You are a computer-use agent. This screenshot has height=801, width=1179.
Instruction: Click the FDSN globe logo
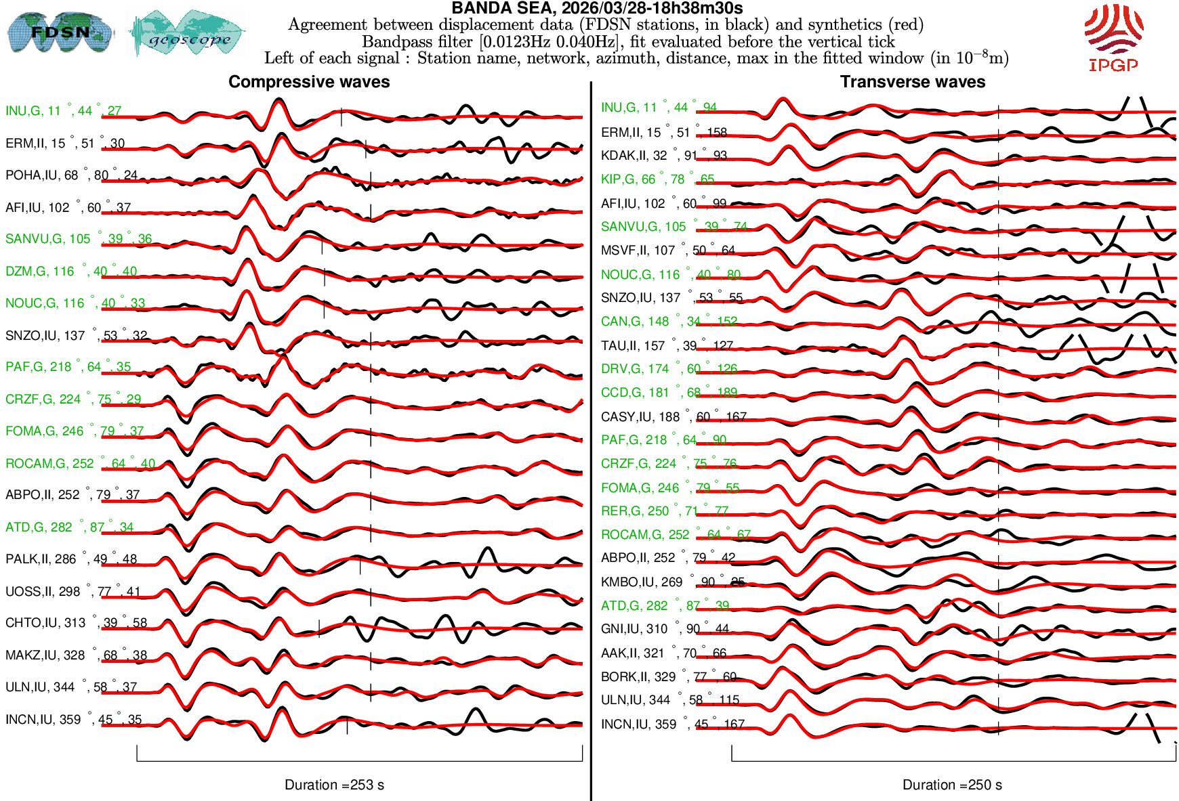point(60,33)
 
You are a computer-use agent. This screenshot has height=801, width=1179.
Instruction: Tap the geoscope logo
point(187,34)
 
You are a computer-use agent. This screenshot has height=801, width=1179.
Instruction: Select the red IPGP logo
point(1113,38)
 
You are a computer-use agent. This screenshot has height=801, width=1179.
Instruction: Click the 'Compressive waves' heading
point(309,82)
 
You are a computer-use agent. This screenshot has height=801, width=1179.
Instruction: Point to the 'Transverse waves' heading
point(912,82)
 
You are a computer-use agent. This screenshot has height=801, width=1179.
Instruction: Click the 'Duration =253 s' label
point(334,785)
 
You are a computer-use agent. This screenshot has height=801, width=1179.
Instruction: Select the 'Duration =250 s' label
point(952,785)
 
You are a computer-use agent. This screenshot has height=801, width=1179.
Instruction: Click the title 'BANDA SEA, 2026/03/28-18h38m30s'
point(596,8)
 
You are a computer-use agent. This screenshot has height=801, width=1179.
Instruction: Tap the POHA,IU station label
point(71,175)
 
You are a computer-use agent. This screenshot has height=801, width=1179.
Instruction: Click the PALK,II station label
point(71,559)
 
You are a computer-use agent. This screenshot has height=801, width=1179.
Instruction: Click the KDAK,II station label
point(663,156)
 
